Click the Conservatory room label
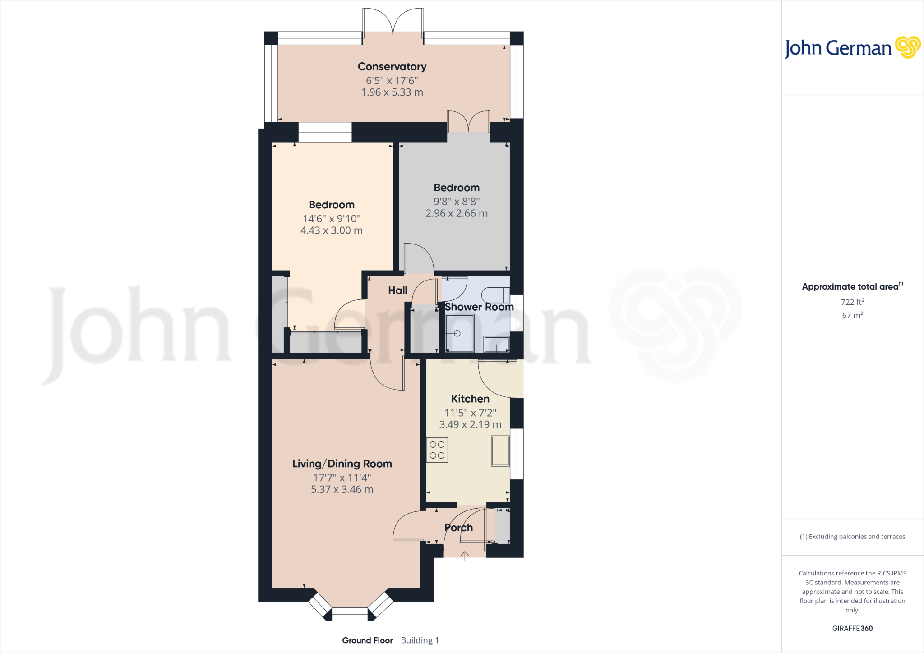(x=392, y=67)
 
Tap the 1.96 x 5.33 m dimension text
(x=392, y=92)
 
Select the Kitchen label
(x=470, y=399)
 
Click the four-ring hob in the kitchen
(x=437, y=450)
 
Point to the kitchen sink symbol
(x=500, y=451)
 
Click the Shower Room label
(x=479, y=307)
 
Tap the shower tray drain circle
(x=457, y=334)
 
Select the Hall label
(x=397, y=290)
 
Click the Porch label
(x=458, y=528)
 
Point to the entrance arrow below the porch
(x=465, y=556)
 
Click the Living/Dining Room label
(x=342, y=464)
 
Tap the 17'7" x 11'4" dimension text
(x=342, y=478)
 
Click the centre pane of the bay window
(x=350, y=614)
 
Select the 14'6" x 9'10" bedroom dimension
(x=331, y=219)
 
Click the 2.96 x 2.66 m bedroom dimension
(x=457, y=213)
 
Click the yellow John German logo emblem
(x=907, y=47)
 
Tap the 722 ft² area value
(x=852, y=302)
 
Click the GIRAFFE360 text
(x=852, y=628)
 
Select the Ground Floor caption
(x=367, y=640)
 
